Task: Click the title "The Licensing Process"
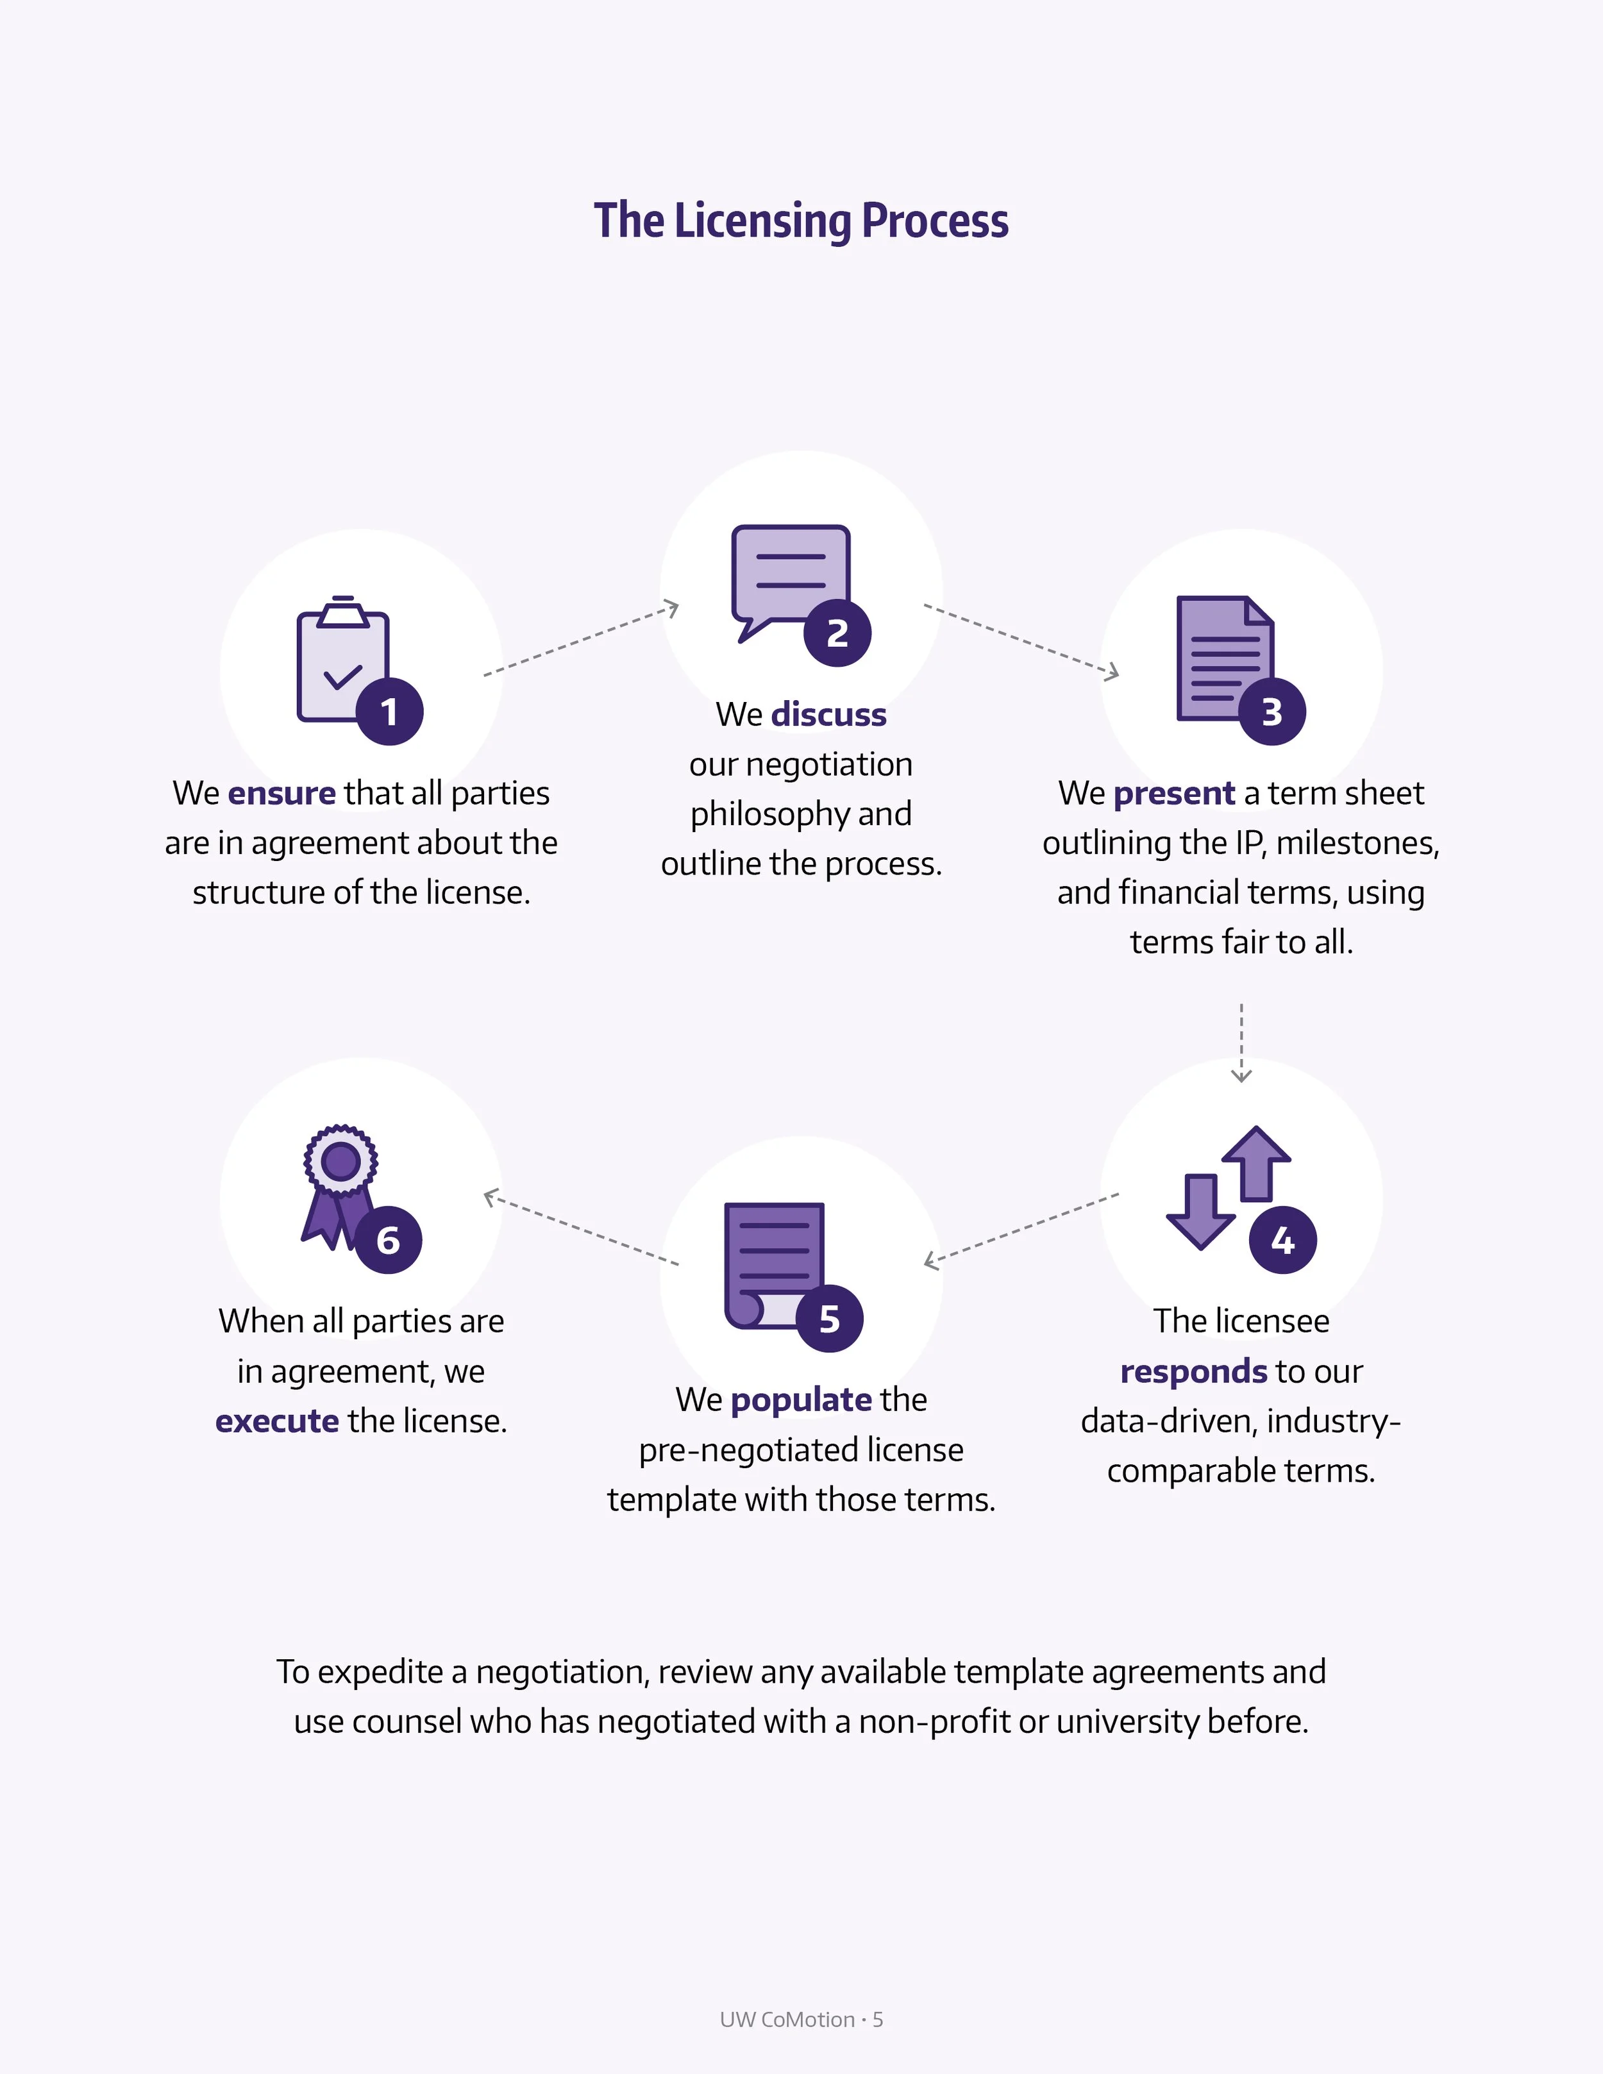point(801,221)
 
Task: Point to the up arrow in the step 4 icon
point(1255,1160)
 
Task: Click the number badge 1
point(389,711)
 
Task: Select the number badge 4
point(1282,1239)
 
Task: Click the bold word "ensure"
point(281,793)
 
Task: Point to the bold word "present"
point(1174,793)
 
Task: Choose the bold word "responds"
point(1193,1371)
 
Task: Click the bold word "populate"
point(801,1400)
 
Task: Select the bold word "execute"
point(276,1421)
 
